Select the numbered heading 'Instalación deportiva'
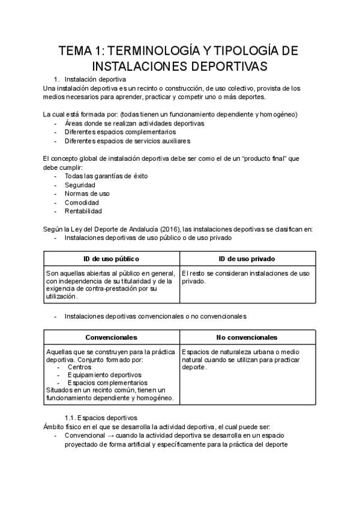95,79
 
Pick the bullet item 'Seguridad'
80,185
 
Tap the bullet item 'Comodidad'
82,202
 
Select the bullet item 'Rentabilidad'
83,211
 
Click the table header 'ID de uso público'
111,259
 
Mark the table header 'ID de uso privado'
247,259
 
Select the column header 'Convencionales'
111,337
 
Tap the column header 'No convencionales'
247,337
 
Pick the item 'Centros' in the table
80,367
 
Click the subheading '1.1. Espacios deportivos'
101,417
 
